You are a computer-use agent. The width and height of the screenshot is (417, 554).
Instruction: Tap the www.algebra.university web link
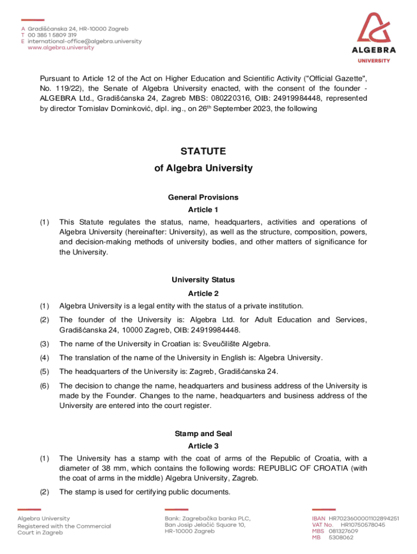tap(61, 47)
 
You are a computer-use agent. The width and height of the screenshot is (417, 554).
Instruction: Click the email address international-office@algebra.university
tap(84, 41)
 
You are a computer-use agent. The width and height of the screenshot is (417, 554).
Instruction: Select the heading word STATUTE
tap(203, 151)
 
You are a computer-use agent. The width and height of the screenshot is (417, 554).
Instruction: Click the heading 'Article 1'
tap(203, 209)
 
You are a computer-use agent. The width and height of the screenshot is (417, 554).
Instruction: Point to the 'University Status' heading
tap(203, 280)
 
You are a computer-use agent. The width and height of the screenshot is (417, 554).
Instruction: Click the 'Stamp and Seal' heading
tap(203, 433)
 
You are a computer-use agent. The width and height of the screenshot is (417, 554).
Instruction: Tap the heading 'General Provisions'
tap(203, 197)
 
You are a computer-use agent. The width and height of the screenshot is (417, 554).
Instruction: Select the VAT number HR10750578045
tap(363, 524)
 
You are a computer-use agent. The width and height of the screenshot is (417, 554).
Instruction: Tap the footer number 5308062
tap(341, 537)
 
